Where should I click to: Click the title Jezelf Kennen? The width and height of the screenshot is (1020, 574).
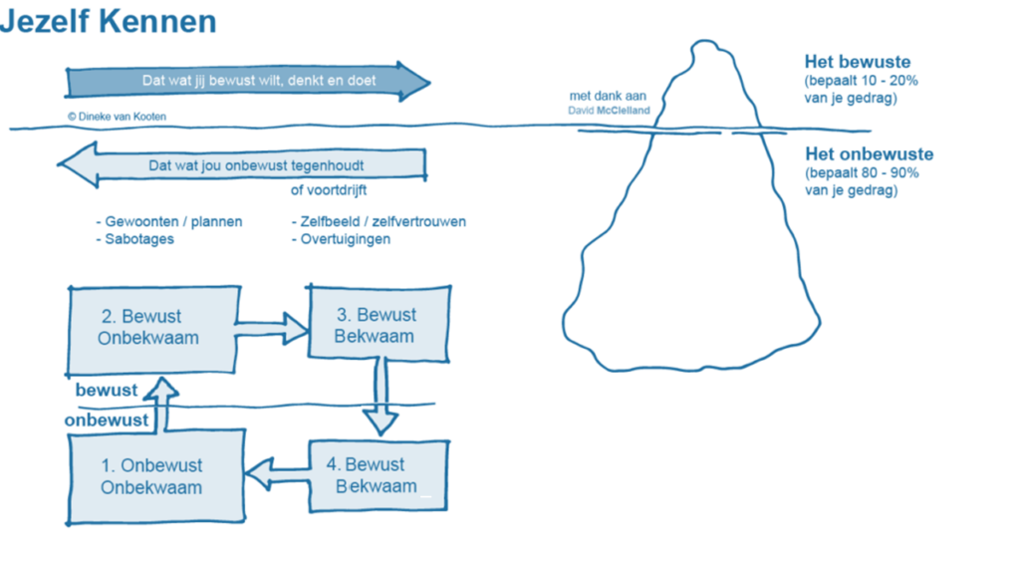tap(109, 21)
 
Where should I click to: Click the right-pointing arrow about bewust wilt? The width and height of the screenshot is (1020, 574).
tap(248, 81)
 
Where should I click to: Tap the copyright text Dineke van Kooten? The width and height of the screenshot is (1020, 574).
tap(117, 117)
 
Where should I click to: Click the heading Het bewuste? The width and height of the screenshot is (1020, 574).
tap(857, 62)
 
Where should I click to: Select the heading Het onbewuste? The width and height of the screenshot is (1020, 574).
tap(869, 154)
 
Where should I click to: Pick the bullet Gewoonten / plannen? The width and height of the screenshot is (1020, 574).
tap(168, 221)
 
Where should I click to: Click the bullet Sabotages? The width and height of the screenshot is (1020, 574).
tap(134, 239)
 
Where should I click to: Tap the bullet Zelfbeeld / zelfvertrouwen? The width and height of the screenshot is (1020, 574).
tap(378, 221)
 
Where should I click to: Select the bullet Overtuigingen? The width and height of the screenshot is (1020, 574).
tap(340, 239)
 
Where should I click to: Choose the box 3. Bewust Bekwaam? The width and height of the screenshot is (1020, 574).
tap(375, 325)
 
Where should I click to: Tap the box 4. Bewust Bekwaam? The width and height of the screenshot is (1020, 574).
tap(378, 475)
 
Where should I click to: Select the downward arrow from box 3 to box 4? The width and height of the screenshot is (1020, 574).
tap(380, 398)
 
